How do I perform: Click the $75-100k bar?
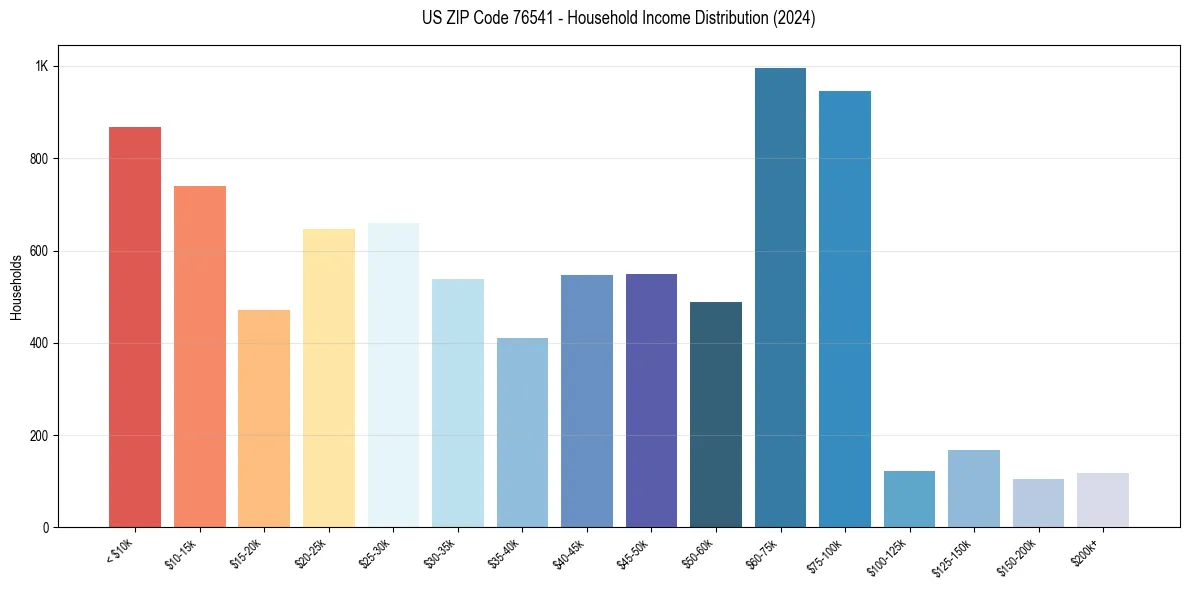coord(845,309)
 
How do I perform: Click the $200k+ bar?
coord(1103,500)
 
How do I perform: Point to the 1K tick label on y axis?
coord(42,67)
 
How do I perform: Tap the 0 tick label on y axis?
coord(45,528)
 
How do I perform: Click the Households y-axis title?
coord(16,287)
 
